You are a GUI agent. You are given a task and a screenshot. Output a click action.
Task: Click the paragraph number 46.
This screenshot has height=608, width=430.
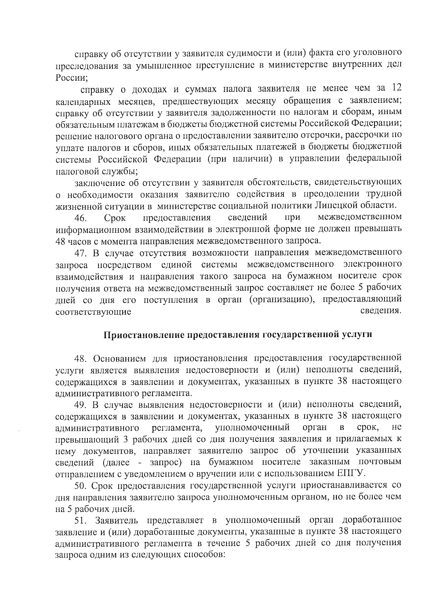point(80,217)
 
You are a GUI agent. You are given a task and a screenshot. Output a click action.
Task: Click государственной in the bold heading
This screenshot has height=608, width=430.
point(302,335)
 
